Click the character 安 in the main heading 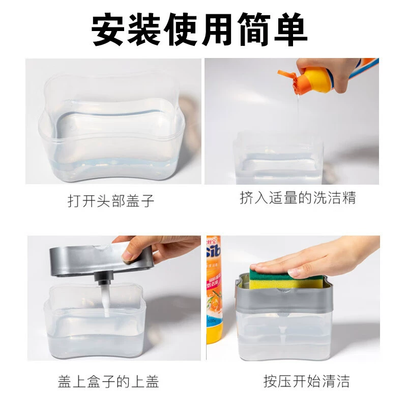tap(108, 29)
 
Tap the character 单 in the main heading tap(291, 29)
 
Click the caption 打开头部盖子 tap(111, 201)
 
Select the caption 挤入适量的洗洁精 tap(298, 198)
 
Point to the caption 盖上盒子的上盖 tap(108, 381)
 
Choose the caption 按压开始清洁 tap(307, 381)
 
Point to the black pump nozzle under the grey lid tap(103, 278)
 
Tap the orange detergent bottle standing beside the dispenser tap(214, 289)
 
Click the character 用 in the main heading tap(218, 29)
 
